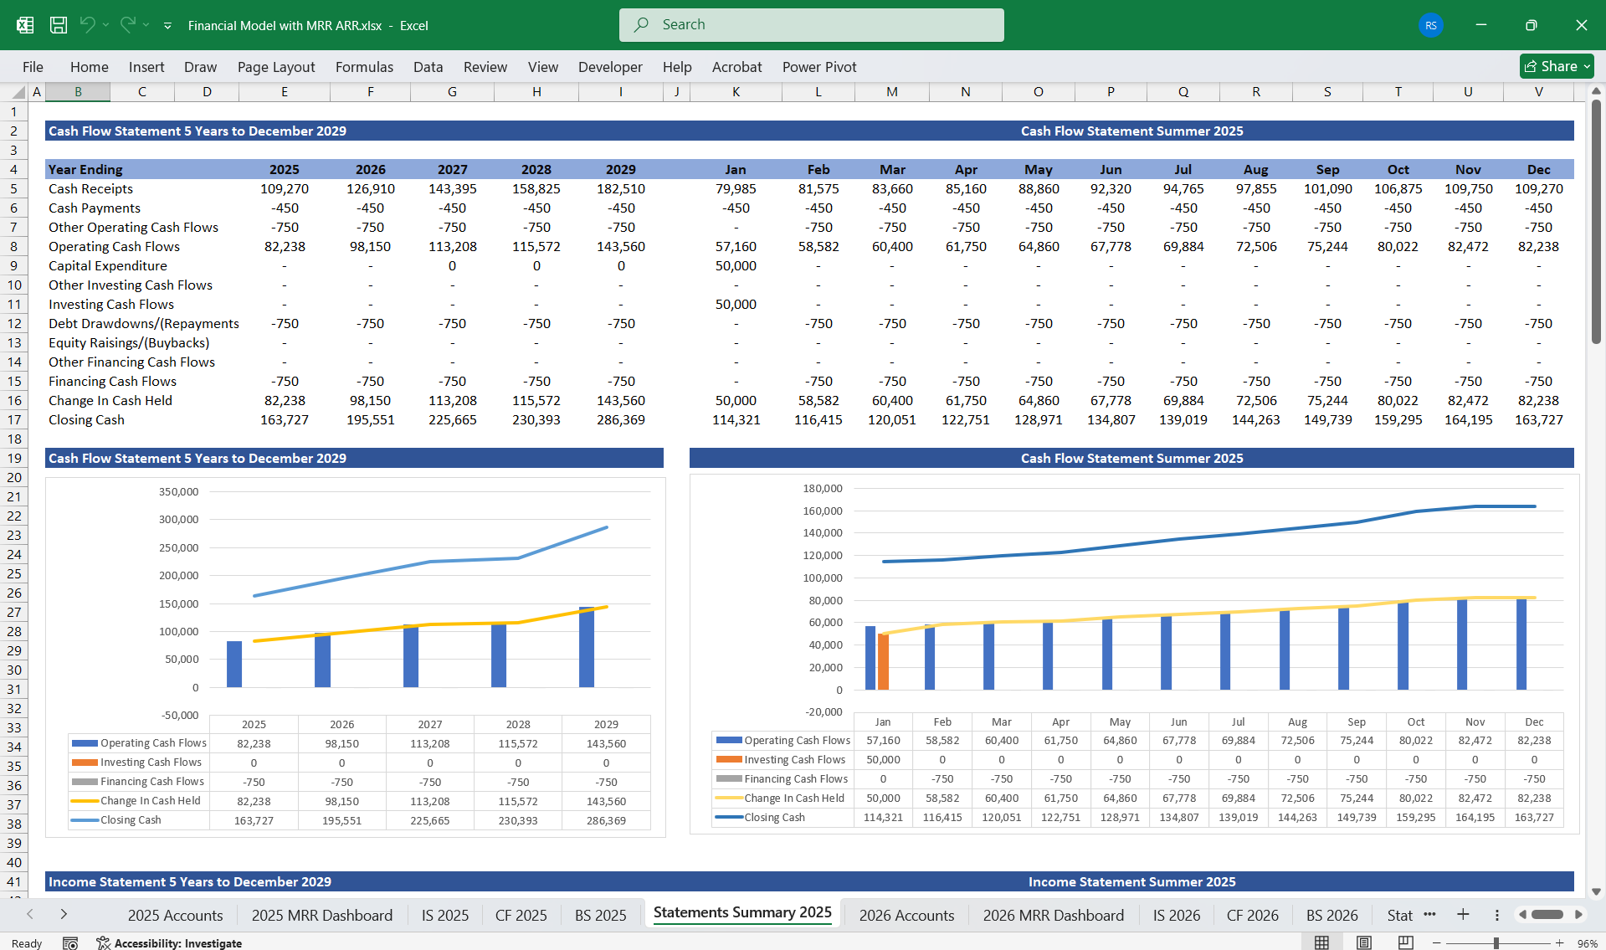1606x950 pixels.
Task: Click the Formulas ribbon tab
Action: pyautogui.click(x=364, y=67)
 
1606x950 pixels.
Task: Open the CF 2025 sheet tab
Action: pyautogui.click(x=521, y=915)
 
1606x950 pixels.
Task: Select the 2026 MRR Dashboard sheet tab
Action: pyautogui.click(x=1053, y=915)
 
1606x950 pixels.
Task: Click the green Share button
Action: pyautogui.click(x=1555, y=66)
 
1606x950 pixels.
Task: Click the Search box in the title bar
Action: pyautogui.click(x=811, y=25)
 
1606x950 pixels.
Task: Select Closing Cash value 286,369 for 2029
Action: pyautogui.click(x=620, y=420)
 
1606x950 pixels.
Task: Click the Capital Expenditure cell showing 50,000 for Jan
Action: pyautogui.click(x=735, y=266)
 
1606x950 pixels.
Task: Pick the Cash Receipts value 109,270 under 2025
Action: pyautogui.click(x=284, y=189)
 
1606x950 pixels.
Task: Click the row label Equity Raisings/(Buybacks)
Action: pyautogui.click(x=129, y=343)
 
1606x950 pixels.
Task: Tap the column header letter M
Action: pyautogui.click(x=891, y=92)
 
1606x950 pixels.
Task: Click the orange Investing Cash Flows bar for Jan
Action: pyautogui.click(x=883, y=661)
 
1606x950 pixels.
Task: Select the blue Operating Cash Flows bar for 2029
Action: pyautogui.click(x=587, y=647)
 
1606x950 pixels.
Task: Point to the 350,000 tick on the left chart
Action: pyautogui.click(x=178, y=492)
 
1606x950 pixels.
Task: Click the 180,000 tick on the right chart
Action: pyautogui.click(x=822, y=489)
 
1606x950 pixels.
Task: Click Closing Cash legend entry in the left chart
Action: pyautogui.click(x=131, y=820)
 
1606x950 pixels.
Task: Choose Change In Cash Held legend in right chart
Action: pyautogui.click(x=793, y=799)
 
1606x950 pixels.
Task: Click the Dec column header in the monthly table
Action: pyautogui.click(x=1537, y=170)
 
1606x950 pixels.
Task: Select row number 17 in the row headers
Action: pyautogui.click(x=14, y=420)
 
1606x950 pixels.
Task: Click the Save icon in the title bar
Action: pyautogui.click(x=59, y=25)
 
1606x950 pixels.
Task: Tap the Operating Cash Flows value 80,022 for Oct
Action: pyautogui.click(x=1398, y=247)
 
